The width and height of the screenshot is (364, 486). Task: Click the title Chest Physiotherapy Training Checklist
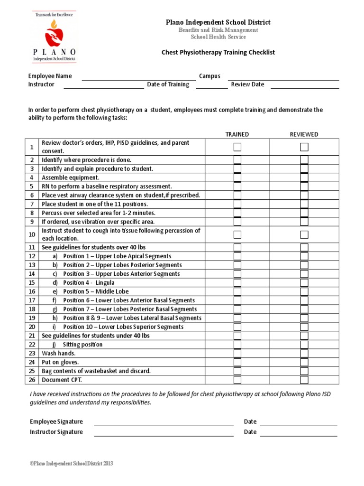pos(218,52)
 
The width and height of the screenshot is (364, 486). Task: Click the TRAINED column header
pos(237,134)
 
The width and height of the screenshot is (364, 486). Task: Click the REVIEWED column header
pos(304,134)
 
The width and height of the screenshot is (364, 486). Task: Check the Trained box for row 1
pos(237,147)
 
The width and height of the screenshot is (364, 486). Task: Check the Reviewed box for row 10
pos(304,234)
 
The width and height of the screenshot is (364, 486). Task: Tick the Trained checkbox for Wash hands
pos(237,354)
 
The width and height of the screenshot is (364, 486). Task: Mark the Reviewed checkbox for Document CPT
pos(304,380)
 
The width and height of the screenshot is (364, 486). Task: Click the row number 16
pos(32,292)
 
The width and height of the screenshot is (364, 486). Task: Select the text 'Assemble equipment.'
pos(71,178)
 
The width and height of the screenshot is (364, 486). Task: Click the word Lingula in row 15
pos(105,283)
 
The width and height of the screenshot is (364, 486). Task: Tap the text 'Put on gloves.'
pos(60,362)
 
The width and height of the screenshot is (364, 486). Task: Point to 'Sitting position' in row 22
pos(82,345)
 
